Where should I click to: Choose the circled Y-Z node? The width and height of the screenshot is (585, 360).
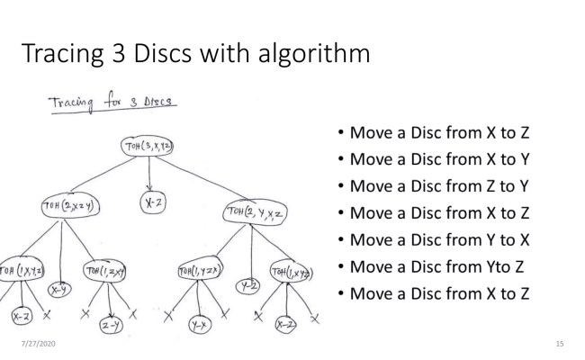click(x=245, y=286)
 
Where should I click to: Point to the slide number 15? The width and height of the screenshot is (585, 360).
click(x=560, y=345)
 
